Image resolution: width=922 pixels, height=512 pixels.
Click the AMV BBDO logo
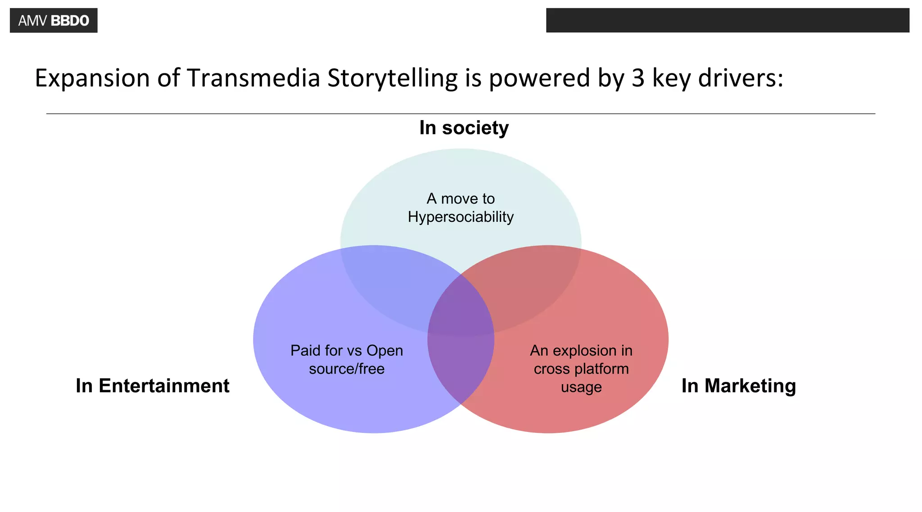pos(54,21)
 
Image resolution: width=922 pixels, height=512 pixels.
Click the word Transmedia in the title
pos(253,78)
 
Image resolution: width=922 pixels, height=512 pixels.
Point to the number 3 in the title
pos(638,78)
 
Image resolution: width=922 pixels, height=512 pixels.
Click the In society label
pos(464,128)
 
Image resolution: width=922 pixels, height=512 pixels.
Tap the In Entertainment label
pos(153,386)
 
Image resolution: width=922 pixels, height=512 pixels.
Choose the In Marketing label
pos(738,386)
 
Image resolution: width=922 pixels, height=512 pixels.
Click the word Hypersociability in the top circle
pos(461,217)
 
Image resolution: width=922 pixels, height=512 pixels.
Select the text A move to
pos(461,198)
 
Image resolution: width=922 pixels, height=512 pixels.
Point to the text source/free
pos(347,369)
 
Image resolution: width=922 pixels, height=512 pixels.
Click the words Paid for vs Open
pos(347,350)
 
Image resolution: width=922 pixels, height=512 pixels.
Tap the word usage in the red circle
pos(581,387)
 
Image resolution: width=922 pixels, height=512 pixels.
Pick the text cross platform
pos(581,369)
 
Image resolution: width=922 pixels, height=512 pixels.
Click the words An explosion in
pos(581,350)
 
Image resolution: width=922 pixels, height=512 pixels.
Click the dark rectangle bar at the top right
pos(728,20)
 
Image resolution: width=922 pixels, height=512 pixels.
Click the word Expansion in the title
pos(92,78)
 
